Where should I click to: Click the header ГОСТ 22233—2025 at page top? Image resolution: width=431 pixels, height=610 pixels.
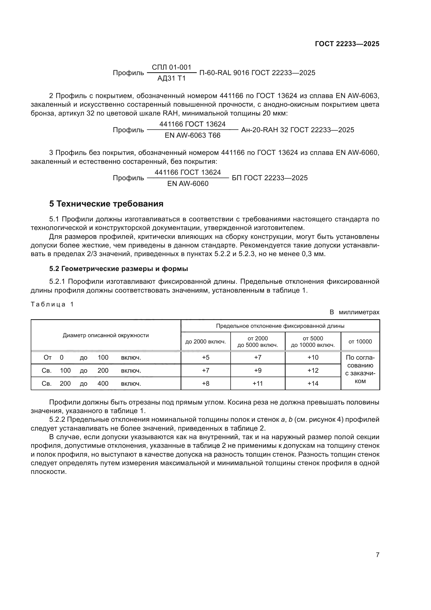347,44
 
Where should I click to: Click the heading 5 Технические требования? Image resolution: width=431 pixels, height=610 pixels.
106,204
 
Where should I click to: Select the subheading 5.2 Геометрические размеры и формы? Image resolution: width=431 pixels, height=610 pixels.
118,269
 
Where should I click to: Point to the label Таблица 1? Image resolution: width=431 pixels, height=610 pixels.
52,304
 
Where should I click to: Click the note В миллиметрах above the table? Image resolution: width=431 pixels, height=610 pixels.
354,312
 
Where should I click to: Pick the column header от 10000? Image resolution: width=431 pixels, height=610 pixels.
360,341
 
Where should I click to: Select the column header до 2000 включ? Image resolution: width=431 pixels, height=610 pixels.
205,341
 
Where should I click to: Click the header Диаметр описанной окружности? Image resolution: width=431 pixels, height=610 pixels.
106,335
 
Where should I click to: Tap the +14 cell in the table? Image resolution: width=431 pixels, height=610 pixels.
313,383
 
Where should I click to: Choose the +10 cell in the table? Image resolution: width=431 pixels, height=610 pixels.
313,357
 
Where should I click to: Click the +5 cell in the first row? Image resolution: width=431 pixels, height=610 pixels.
205,357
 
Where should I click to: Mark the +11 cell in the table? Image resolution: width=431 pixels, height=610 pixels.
257,383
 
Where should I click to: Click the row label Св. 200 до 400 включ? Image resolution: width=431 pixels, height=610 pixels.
91,383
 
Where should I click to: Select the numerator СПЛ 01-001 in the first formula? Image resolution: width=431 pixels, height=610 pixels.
171,67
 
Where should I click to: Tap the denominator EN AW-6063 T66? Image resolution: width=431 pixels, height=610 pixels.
192,136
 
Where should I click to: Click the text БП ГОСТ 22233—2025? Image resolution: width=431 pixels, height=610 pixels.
270,178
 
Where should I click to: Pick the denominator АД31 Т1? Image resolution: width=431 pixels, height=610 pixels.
171,78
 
